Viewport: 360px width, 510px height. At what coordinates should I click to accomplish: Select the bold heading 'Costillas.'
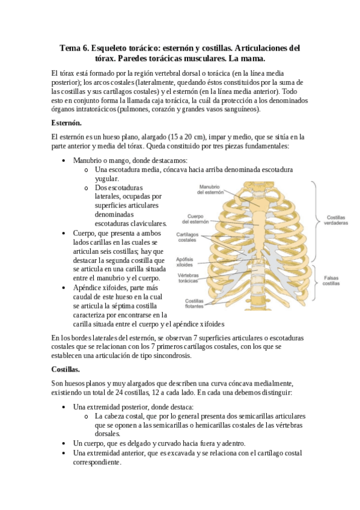point(69,369)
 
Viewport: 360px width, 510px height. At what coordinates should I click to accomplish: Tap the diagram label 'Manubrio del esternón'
point(210,190)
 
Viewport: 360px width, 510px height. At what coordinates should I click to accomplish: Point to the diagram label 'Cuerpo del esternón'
point(198,220)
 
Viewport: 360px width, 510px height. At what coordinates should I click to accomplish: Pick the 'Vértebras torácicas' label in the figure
point(189,278)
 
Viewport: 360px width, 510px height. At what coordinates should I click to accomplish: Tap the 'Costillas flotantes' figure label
point(195,303)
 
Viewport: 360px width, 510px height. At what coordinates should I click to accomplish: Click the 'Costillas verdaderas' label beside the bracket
point(337,220)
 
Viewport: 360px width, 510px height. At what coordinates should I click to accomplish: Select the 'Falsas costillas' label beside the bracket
point(331,280)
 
